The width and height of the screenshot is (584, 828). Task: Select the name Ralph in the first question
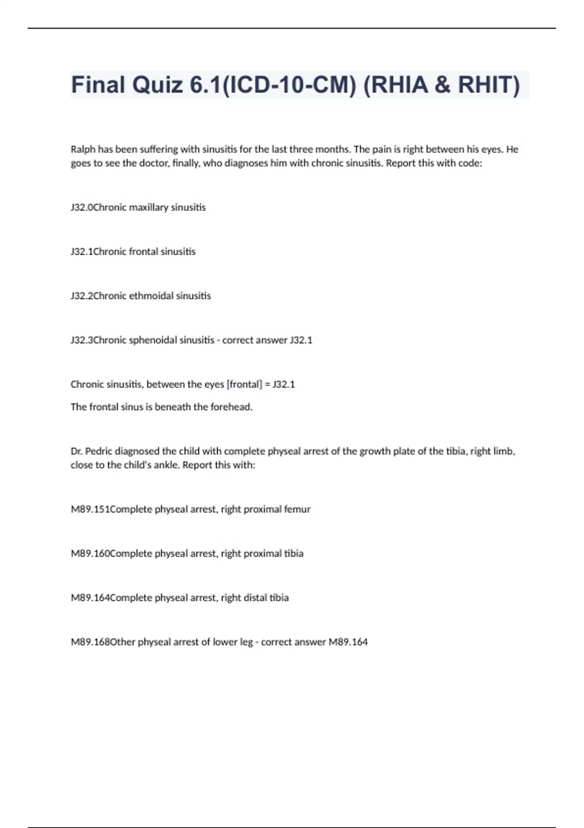click(x=83, y=150)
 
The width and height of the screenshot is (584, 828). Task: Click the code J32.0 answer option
click(x=82, y=207)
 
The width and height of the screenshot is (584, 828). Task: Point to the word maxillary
click(x=148, y=207)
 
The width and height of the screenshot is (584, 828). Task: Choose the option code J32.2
click(x=82, y=296)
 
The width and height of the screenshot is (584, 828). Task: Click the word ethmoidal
click(x=150, y=296)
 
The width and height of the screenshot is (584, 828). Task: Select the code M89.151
click(x=91, y=509)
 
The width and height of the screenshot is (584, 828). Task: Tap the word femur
click(x=297, y=509)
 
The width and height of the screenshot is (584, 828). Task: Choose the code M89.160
click(x=91, y=554)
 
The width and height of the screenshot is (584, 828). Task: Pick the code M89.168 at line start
click(x=91, y=642)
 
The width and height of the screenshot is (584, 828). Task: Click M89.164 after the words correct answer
click(x=348, y=642)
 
